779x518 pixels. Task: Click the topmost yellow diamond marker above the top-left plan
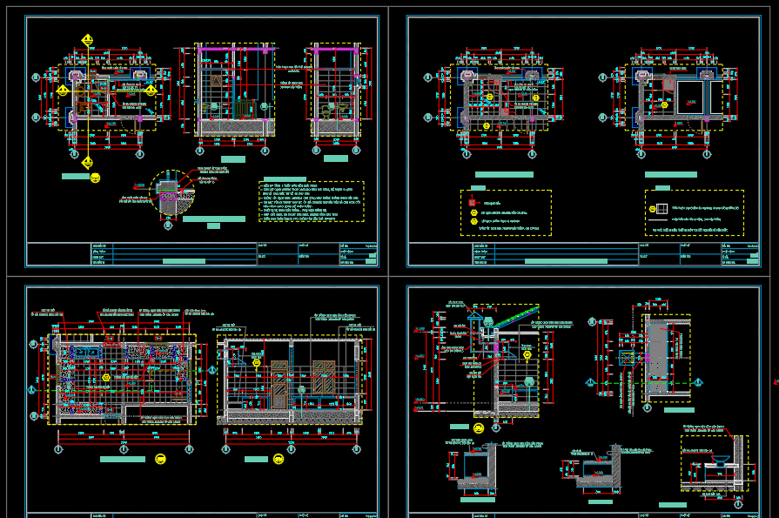point(87,40)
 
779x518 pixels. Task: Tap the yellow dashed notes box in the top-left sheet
point(311,201)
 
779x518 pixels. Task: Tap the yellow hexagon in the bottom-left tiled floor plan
point(106,377)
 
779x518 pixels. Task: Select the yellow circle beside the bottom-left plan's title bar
point(160,459)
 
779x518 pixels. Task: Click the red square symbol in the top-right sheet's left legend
point(473,201)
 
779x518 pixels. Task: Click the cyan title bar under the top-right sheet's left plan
point(503,175)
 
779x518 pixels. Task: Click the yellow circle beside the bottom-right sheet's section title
point(479,428)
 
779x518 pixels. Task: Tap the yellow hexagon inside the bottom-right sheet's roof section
point(527,355)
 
